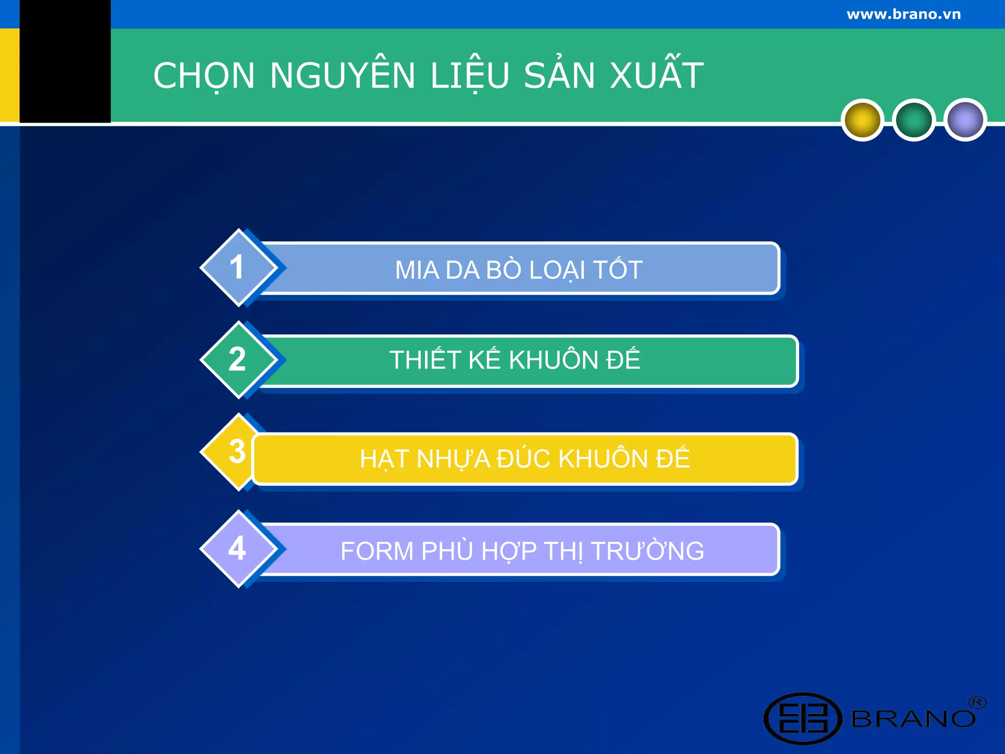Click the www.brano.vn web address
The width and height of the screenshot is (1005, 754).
tap(903, 14)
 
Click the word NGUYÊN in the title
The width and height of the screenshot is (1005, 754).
tap(343, 76)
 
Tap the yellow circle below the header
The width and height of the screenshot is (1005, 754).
tap(862, 120)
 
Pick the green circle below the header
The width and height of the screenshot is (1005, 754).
tap(914, 120)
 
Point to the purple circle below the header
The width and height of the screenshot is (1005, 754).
tap(965, 120)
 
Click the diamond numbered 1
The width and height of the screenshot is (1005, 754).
tap(238, 268)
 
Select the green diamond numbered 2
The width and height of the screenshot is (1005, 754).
tap(238, 360)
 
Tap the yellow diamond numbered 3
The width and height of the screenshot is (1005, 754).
tap(231, 452)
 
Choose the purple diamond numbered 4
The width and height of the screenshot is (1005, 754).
tap(238, 548)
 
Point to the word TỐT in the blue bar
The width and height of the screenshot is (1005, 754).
tap(618, 269)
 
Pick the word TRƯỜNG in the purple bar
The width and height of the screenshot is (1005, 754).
tap(648, 550)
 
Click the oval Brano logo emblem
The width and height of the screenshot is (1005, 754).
tap(803, 718)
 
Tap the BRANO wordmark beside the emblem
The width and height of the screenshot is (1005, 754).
tap(913, 719)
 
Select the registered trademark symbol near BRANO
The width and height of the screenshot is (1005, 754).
tap(977, 702)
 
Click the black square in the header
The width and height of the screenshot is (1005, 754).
tap(65, 61)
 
